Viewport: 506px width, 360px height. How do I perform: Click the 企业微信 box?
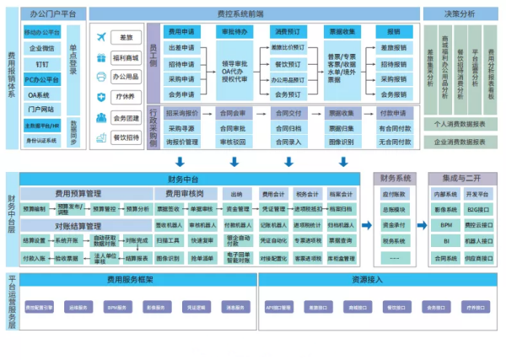click(42, 48)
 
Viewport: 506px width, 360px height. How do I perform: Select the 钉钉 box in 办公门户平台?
click(42, 63)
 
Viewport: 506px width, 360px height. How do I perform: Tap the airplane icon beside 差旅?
click(102, 38)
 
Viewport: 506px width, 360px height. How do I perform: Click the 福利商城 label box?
click(126, 58)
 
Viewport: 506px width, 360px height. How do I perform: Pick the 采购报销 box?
click(393, 78)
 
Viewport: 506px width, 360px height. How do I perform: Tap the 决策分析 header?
click(460, 14)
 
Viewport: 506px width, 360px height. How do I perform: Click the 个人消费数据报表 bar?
click(460, 123)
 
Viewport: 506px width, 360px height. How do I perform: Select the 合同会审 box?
click(232, 113)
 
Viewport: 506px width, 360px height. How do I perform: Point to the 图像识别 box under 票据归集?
click(341, 142)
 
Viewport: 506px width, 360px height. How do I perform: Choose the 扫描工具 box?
click(168, 240)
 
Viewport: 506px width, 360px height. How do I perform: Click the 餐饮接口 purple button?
click(394, 309)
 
